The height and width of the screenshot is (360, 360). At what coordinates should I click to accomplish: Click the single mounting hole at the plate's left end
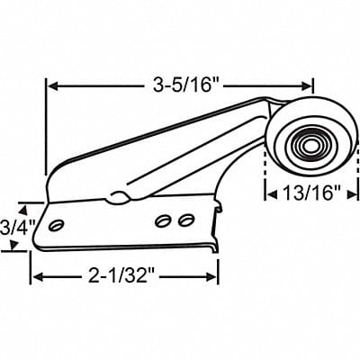58,221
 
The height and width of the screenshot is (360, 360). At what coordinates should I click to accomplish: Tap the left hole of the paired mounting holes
165,220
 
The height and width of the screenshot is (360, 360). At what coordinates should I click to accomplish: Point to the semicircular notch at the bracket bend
114,195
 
